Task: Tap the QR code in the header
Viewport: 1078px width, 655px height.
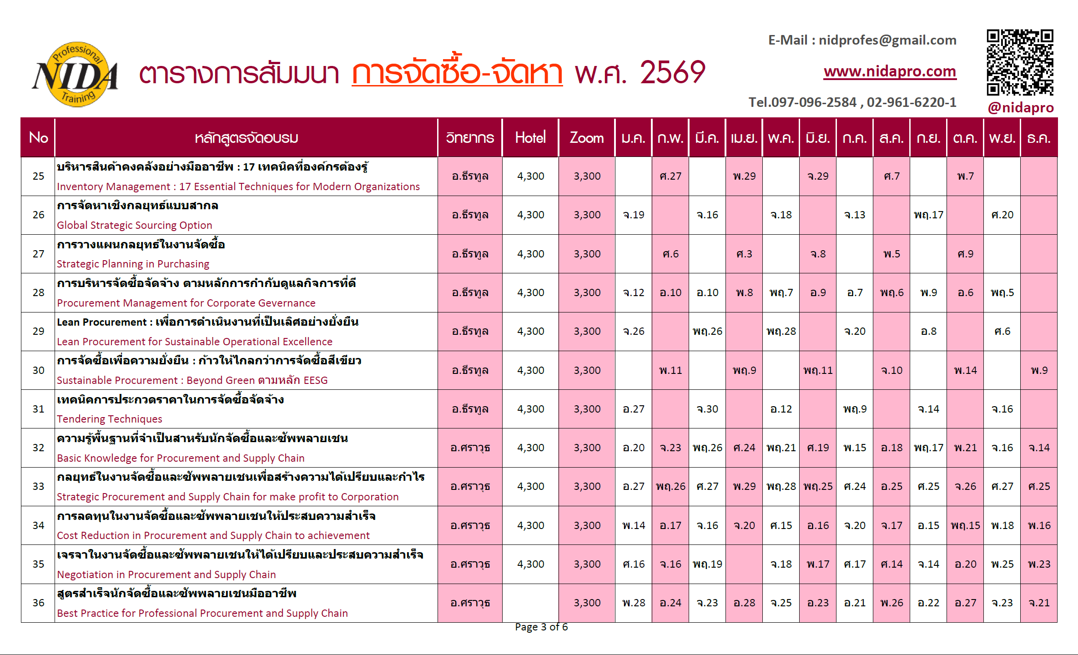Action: point(1020,62)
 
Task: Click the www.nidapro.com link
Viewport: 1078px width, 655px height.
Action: point(890,71)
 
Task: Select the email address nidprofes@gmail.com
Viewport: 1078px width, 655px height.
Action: point(887,40)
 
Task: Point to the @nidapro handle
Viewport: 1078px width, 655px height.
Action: point(1020,108)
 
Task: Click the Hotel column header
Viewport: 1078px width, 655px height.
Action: point(530,137)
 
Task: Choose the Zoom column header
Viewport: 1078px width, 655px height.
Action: point(586,137)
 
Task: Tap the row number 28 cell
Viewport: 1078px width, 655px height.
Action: point(38,292)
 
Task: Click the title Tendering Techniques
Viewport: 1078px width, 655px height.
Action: point(110,419)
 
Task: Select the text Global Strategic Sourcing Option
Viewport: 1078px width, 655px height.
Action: point(135,225)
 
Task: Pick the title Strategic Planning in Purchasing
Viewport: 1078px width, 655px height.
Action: point(133,264)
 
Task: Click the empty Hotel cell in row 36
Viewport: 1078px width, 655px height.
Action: point(530,603)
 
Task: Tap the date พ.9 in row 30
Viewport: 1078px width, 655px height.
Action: point(1039,370)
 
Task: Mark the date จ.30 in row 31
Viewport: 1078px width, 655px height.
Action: point(707,409)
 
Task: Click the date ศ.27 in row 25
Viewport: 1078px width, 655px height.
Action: point(670,176)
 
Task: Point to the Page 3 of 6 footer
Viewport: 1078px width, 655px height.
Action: point(541,627)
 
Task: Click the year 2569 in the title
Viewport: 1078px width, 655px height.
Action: point(672,73)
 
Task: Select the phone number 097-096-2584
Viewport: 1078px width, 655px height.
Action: point(814,102)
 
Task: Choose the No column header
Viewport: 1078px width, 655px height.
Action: point(38,137)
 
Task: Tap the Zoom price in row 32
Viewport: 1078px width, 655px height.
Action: point(587,448)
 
